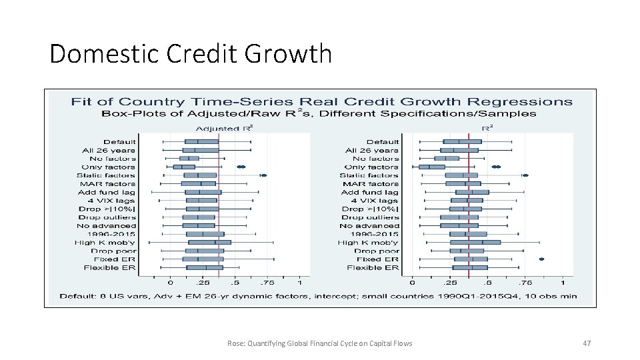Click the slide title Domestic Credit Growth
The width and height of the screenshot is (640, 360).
(x=190, y=53)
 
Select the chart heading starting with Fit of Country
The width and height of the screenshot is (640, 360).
(x=321, y=102)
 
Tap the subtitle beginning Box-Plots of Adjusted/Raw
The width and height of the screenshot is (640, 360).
(x=319, y=113)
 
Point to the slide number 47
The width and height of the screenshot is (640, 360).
(x=587, y=343)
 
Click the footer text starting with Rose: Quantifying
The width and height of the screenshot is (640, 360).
(x=319, y=343)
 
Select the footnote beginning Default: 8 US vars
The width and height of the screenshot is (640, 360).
(x=318, y=295)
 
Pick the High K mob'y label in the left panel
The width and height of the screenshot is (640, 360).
(x=105, y=243)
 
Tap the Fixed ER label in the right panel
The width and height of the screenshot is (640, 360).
(x=377, y=259)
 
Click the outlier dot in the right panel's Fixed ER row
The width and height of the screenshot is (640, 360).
(x=541, y=259)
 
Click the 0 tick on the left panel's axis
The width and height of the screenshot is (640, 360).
(x=170, y=283)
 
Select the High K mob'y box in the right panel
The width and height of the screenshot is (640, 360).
(x=475, y=243)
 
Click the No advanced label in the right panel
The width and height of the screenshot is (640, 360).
(x=369, y=226)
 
